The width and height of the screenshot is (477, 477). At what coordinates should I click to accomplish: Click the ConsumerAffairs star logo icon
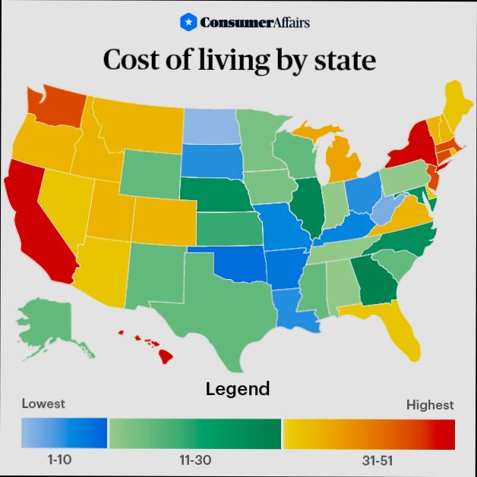point(188,22)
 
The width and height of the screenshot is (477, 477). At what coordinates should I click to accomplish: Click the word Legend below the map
point(238,389)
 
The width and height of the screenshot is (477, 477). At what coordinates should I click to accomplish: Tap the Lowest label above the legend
point(43,403)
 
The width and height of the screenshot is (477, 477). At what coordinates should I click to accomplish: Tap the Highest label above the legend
point(430,405)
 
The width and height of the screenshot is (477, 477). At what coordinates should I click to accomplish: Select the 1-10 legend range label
point(63,460)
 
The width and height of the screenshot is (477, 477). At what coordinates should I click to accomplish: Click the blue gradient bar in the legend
point(65,434)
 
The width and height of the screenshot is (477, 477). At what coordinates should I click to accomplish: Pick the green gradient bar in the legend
point(194,434)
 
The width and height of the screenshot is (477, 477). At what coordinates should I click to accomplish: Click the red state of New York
point(414,144)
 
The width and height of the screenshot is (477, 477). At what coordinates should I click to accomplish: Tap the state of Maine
point(453,102)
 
